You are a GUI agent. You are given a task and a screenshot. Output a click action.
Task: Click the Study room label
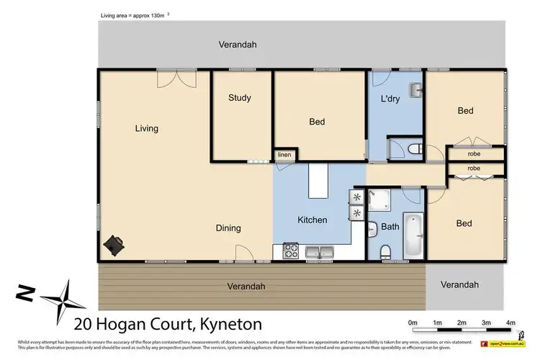pyautogui.click(x=239, y=98)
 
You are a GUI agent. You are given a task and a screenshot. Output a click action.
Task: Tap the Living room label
pyautogui.click(x=146, y=129)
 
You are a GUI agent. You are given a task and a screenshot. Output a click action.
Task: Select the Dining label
pyautogui.click(x=228, y=228)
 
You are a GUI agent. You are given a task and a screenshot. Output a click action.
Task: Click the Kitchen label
pyautogui.click(x=312, y=220)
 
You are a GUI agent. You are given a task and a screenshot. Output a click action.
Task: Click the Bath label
pyautogui.click(x=390, y=227)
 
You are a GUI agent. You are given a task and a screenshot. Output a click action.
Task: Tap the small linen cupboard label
pyautogui.click(x=284, y=155)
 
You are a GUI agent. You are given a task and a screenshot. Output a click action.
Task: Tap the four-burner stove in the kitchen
pyautogui.click(x=292, y=251)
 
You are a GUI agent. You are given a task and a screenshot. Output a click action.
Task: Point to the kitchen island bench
pyautogui.click(x=318, y=181)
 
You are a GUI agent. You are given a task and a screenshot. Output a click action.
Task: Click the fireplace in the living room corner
pyautogui.click(x=114, y=244)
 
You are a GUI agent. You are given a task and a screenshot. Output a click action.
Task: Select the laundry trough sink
pyautogui.click(x=415, y=91)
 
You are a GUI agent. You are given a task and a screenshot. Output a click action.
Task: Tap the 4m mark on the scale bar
pyautogui.click(x=510, y=322)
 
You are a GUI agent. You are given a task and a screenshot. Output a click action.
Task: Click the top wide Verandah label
pyautogui.click(x=237, y=45)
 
